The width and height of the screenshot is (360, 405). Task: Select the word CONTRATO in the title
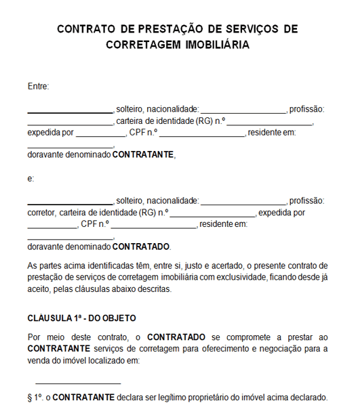pyautogui.click(x=85, y=29)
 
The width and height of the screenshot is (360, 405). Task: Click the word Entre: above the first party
pyautogui.click(x=38, y=86)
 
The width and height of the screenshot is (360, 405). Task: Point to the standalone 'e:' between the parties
pyautogui.click(x=31, y=179)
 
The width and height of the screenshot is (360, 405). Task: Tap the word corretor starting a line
pyautogui.click(x=41, y=212)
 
